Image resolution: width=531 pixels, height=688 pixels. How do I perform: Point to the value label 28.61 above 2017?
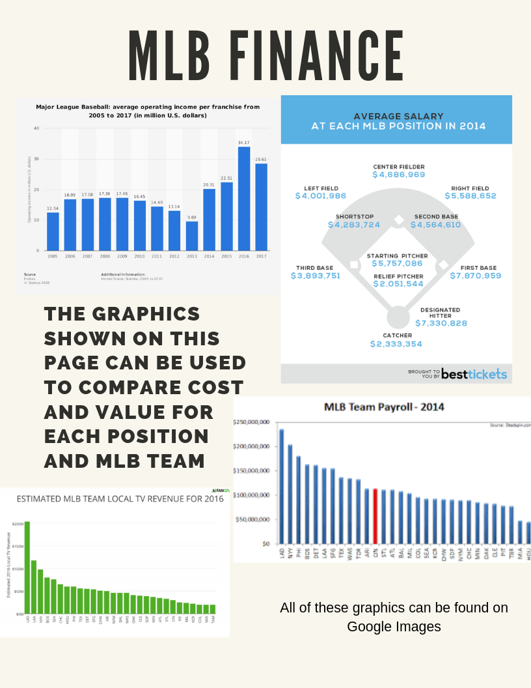[x=261, y=158]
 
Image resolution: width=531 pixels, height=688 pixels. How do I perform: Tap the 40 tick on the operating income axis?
[x=36, y=128]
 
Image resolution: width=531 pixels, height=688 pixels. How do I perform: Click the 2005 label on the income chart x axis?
[x=53, y=256]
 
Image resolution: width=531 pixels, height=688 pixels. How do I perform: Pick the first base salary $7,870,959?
[x=475, y=276]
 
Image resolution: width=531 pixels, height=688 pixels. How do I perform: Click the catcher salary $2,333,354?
[x=396, y=344]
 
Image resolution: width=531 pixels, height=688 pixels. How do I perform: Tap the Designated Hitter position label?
[x=440, y=313]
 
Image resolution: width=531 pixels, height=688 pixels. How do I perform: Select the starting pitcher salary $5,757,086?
[x=396, y=263]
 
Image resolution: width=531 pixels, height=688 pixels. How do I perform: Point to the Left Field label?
[x=321, y=188]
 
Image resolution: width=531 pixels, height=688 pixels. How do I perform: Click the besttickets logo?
[x=473, y=373]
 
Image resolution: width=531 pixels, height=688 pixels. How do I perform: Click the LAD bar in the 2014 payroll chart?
[x=281, y=486]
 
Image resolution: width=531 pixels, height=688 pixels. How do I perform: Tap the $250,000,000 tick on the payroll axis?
[x=251, y=422]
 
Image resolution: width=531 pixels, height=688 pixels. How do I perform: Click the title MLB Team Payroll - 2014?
[x=384, y=407]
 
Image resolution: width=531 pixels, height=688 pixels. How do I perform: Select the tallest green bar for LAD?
[x=27, y=567]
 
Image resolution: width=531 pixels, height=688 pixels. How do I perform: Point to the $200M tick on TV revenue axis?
[x=18, y=523]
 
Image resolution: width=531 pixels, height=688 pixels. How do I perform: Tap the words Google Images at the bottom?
[x=394, y=627]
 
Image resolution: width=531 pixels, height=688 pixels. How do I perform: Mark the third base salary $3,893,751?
[x=316, y=276]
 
